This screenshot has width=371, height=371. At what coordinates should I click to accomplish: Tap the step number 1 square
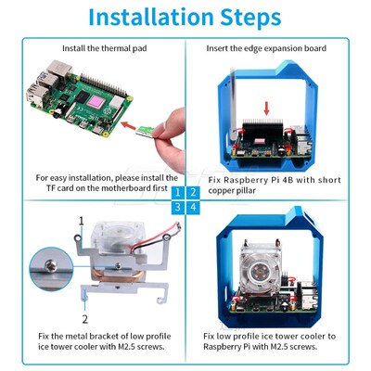click(177, 192)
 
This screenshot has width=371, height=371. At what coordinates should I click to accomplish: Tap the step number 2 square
click(193, 192)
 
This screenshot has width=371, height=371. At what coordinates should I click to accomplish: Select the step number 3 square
click(177, 207)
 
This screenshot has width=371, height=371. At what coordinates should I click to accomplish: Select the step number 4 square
click(193, 207)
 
